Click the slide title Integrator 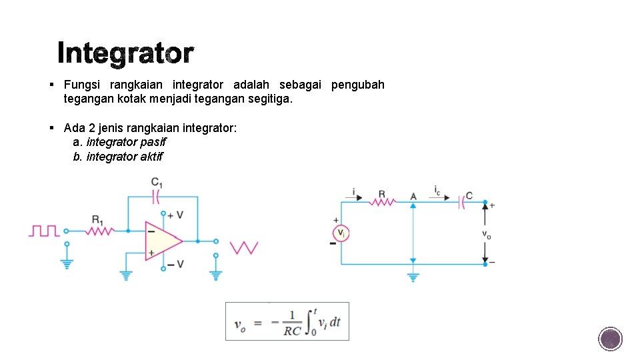point(125,53)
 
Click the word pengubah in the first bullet point(357,85)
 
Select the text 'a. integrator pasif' point(119,142)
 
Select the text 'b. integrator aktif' point(117,157)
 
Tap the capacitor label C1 point(157,182)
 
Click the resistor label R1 point(97,219)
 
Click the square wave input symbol point(44,231)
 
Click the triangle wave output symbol point(244,247)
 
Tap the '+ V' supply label point(175,215)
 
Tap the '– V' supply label point(175,265)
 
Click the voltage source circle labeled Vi point(341,233)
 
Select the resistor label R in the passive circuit point(382,195)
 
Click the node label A point(413,196)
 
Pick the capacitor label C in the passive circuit point(469,195)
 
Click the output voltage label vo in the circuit point(487,234)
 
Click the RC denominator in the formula point(292,331)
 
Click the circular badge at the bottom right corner point(610,339)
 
